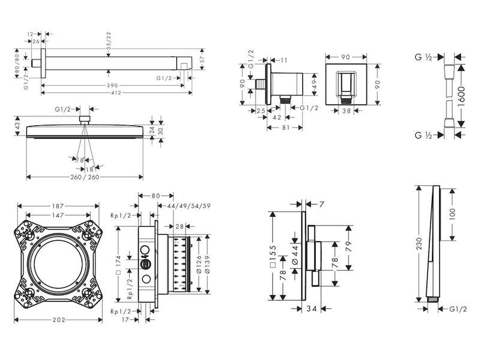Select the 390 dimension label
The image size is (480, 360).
(x=112, y=85)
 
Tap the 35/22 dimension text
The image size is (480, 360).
(x=109, y=39)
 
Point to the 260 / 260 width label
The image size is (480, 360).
(x=85, y=177)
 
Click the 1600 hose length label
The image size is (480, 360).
(x=461, y=97)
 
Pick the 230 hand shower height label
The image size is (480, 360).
(x=419, y=244)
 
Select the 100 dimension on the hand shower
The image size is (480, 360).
(x=453, y=214)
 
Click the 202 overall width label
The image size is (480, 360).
(x=59, y=320)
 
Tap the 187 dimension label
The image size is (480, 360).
(x=58, y=206)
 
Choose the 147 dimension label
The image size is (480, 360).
(x=58, y=215)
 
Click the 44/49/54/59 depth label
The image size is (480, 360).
(x=189, y=206)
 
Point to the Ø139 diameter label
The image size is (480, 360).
(x=207, y=265)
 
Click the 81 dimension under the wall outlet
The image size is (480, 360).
(x=286, y=128)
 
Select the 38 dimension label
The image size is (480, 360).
(x=347, y=110)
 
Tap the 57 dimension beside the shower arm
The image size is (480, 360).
(x=202, y=59)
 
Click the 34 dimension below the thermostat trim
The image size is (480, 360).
(x=311, y=309)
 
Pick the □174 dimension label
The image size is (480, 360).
(x=119, y=265)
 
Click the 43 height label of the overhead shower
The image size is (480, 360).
(x=17, y=126)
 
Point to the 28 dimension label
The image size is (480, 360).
(x=179, y=226)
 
